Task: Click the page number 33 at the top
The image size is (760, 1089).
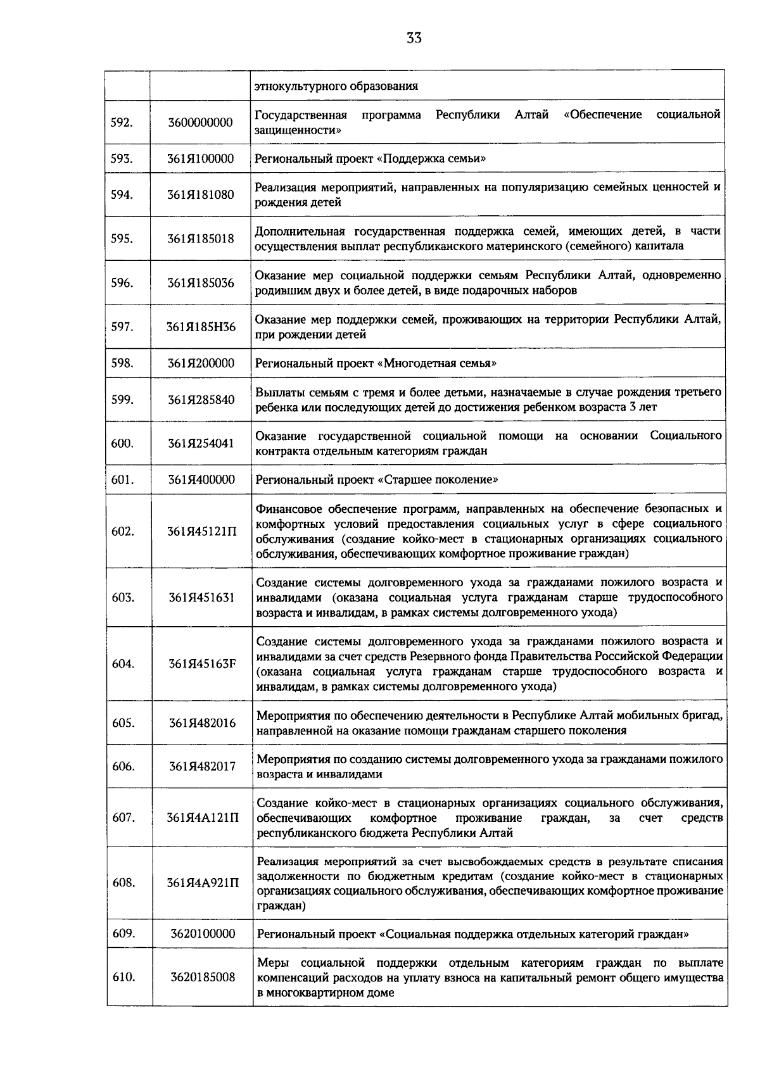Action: click(x=414, y=38)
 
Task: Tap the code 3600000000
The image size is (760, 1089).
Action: click(x=200, y=122)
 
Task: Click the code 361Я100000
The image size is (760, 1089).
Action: click(x=200, y=158)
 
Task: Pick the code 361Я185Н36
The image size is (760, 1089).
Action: click(x=201, y=327)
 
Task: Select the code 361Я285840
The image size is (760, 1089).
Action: click(x=201, y=400)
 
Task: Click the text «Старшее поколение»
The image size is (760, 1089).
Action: click(x=438, y=480)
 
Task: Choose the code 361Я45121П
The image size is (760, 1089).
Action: click(x=201, y=531)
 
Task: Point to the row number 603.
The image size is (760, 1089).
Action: click(x=122, y=597)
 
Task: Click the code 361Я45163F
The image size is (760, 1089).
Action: click(x=201, y=664)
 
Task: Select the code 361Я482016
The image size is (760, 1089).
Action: click(x=201, y=722)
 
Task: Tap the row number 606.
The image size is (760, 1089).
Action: click(x=123, y=766)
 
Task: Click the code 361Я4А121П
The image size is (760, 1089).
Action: click(x=202, y=817)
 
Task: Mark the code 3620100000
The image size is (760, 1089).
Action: click(x=202, y=933)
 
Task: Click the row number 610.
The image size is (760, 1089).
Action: click(x=123, y=977)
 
